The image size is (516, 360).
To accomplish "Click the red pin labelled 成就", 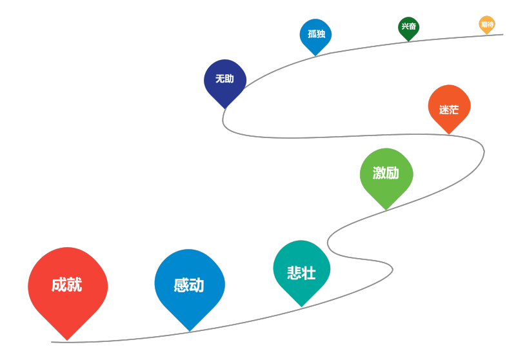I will click(x=67, y=287).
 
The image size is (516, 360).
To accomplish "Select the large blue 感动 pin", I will click(x=189, y=285).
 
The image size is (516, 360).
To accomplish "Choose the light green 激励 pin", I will click(x=386, y=174).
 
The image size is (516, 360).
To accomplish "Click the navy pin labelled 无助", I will click(x=224, y=80).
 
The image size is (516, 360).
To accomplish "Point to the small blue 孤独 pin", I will click(x=315, y=34).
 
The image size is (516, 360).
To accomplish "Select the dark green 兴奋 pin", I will click(x=408, y=27).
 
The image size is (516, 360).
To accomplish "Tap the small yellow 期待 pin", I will click(x=487, y=24).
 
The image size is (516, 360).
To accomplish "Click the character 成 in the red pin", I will click(x=59, y=285).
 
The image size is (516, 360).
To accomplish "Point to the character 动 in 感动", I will click(x=197, y=285).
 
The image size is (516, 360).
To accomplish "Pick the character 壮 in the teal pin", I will click(x=309, y=273).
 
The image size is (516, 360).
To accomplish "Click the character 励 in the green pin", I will click(x=393, y=173).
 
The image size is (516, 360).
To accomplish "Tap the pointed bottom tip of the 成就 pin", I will click(x=67, y=339).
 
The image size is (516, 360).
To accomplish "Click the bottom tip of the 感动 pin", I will click(x=189, y=331).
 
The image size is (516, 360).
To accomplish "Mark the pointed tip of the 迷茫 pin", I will click(x=449, y=134).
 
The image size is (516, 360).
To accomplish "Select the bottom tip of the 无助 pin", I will click(x=224, y=108).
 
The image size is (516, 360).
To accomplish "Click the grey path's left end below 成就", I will click(x=52, y=342).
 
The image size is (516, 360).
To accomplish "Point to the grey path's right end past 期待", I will click(x=502, y=35).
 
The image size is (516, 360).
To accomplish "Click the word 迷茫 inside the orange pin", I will click(x=449, y=110).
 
